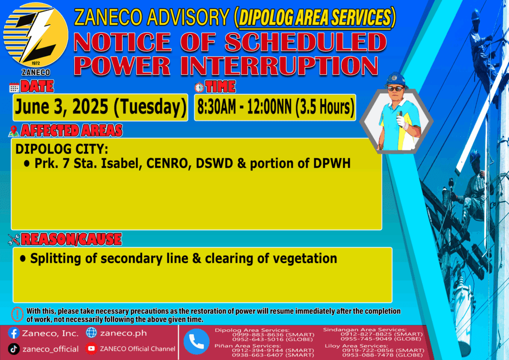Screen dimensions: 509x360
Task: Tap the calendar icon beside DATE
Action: [14, 88]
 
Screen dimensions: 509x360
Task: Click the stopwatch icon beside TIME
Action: [199, 88]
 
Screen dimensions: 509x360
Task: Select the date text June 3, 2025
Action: [62, 107]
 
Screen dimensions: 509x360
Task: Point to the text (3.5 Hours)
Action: [325, 107]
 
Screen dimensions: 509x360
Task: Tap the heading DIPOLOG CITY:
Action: [62, 149]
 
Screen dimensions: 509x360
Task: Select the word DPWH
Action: [332, 163]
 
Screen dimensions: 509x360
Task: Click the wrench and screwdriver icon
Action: [14, 240]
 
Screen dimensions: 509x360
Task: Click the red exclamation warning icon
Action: [17, 314]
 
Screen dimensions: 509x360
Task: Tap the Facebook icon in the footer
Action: [14, 333]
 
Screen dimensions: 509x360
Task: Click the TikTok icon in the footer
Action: [13, 349]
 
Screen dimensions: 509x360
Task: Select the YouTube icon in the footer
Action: [91, 349]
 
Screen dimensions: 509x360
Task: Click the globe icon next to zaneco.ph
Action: [91, 333]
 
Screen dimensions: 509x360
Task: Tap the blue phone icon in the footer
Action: [196, 342]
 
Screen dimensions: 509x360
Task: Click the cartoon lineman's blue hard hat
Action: [395, 80]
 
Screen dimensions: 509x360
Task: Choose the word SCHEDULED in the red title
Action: [306, 42]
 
